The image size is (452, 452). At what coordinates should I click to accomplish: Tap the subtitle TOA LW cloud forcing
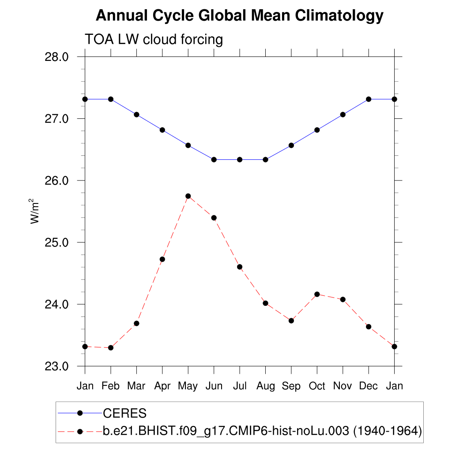click(x=154, y=40)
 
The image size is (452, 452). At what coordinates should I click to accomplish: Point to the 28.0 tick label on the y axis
click(x=57, y=57)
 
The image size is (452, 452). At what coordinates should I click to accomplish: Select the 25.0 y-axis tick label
click(x=57, y=242)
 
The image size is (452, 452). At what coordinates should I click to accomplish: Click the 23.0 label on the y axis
click(x=57, y=366)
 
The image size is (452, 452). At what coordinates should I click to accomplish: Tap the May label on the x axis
click(x=188, y=386)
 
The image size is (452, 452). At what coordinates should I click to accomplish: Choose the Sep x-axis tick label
click(x=291, y=386)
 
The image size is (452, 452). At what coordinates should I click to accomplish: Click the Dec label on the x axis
click(x=369, y=386)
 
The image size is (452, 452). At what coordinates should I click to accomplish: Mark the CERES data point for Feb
click(x=111, y=99)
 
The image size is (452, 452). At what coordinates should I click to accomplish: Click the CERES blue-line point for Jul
click(x=240, y=159)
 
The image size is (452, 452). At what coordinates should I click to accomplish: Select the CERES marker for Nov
click(x=343, y=114)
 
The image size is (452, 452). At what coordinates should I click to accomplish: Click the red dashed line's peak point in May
click(x=188, y=196)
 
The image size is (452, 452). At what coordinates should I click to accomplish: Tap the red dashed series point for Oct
click(x=317, y=294)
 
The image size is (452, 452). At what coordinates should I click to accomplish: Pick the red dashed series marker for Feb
click(x=111, y=348)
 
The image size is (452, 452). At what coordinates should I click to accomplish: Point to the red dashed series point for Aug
click(x=265, y=303)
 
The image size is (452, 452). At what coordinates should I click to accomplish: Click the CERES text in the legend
click(x=124, y=414)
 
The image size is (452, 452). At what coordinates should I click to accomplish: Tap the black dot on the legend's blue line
click(x=80, y=413)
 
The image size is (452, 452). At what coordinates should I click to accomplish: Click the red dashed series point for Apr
click(x=162, y=259)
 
